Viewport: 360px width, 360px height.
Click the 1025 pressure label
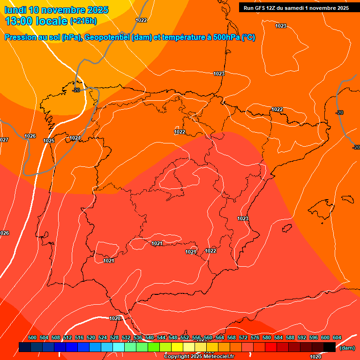49,141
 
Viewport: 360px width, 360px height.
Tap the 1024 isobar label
75,138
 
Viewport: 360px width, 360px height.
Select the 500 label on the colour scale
32,338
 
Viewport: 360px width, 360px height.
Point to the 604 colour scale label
337,338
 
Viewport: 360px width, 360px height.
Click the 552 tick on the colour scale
185,338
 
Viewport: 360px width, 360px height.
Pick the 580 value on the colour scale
267,338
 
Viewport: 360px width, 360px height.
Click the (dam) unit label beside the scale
347,348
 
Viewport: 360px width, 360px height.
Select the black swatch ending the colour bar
330,347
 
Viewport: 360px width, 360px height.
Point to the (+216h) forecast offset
83,21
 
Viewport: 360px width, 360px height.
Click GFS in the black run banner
260,8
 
